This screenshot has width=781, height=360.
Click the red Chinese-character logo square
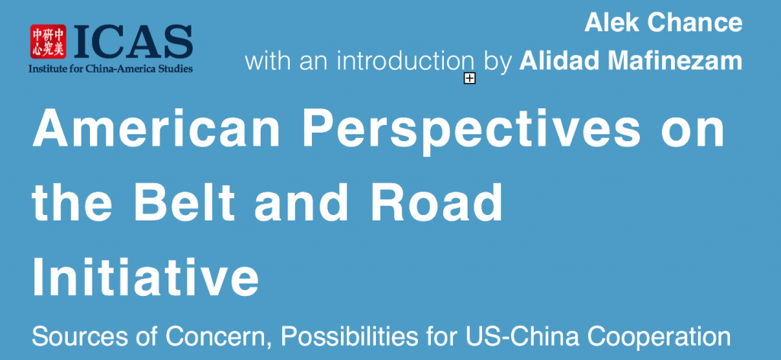coord(48,42)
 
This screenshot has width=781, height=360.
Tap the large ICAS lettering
coord(132,42)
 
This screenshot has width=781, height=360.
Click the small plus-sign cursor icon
coord(469,78)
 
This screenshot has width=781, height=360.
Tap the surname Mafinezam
coord(670,61)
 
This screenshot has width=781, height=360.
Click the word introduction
coord(406,61)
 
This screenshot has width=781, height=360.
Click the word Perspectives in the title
coord(471,132)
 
